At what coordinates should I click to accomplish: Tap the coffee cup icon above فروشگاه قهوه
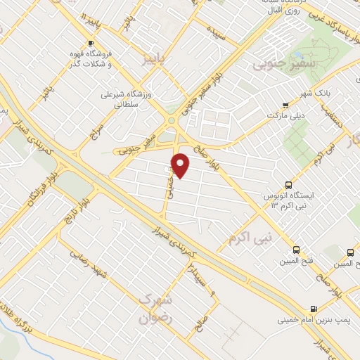(90, 43)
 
